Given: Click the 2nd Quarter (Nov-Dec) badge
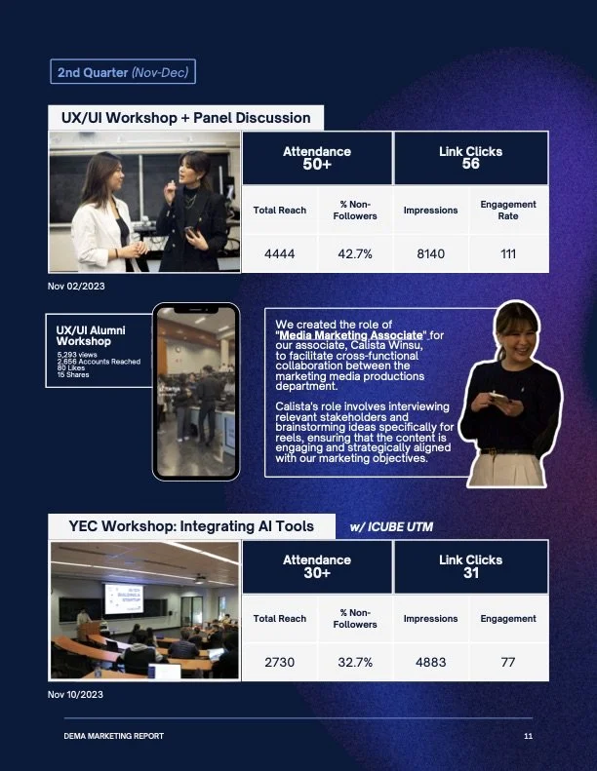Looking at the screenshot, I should point(123,72).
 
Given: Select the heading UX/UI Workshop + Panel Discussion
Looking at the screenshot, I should point(185,118).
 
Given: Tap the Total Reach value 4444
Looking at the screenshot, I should point(279,253).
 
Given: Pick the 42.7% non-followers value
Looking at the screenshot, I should point(355,253).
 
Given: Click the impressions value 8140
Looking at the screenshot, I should point(430,253).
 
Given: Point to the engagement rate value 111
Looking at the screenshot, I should point(507,253).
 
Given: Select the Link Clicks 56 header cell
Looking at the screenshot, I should point(470,158).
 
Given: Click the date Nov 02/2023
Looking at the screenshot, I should point(75,287).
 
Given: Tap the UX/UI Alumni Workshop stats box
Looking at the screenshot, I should point(98,352).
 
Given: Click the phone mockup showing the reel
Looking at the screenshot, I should point(195,392).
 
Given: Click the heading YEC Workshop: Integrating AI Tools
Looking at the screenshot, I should point(191,526).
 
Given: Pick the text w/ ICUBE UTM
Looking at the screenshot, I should point(391,527).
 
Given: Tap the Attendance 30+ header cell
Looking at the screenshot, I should point(316,566).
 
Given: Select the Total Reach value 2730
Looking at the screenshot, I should point(279,662).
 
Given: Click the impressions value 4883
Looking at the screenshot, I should point(430,662).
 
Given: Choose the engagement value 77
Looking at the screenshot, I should point(507,662).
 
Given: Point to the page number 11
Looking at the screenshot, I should point(528,736).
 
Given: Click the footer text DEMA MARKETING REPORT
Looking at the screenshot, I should point(107,736).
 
